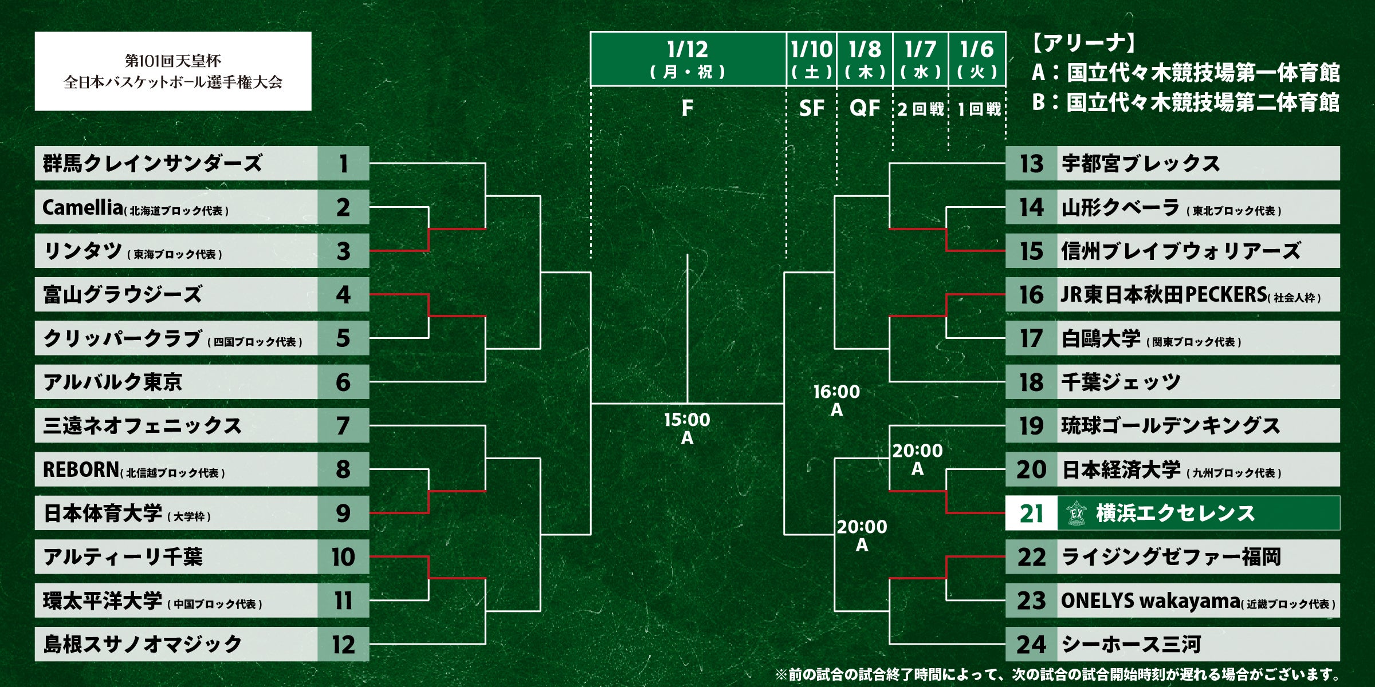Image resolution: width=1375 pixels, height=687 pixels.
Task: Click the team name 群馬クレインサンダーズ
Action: [x=152, y=164]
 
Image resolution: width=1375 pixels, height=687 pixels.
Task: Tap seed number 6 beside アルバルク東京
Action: [x=343, y=382]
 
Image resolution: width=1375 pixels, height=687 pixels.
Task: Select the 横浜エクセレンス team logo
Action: [x=1077, y=513]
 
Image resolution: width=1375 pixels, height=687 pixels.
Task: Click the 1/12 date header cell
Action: [x=687, y=59]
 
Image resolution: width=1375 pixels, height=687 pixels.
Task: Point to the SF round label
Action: [x=811, y=108]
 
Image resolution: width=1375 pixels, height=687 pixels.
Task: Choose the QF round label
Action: [x=865, y=108]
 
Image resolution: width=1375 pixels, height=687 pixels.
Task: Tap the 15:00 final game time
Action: [x=687, y=420]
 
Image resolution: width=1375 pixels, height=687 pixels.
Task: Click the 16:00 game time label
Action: [x=836, y=392]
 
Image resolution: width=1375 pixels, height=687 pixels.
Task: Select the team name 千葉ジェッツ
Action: [x=1121, y=382]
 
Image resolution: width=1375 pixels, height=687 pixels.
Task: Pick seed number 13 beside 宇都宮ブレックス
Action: [x=1031, y=164]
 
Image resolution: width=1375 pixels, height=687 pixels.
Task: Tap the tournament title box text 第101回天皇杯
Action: [x=173, y=61]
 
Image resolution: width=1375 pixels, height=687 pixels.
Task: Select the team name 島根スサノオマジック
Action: [x=143, y=644]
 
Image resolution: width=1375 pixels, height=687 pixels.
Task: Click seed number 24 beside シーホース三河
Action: [x=1031, y=644]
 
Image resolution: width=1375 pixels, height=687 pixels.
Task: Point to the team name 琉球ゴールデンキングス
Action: [x=1170, y=426]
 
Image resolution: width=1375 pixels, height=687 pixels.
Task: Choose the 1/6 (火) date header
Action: [x=977, y=59]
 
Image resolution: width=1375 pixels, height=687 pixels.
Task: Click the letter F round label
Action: [x=687, y=108]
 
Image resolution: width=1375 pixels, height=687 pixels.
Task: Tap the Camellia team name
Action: [x=82, y=207]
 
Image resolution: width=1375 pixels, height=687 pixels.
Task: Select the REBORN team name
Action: [x=81, y=469]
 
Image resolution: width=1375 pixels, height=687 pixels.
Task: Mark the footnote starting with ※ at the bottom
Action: [x=1058, y=674]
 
